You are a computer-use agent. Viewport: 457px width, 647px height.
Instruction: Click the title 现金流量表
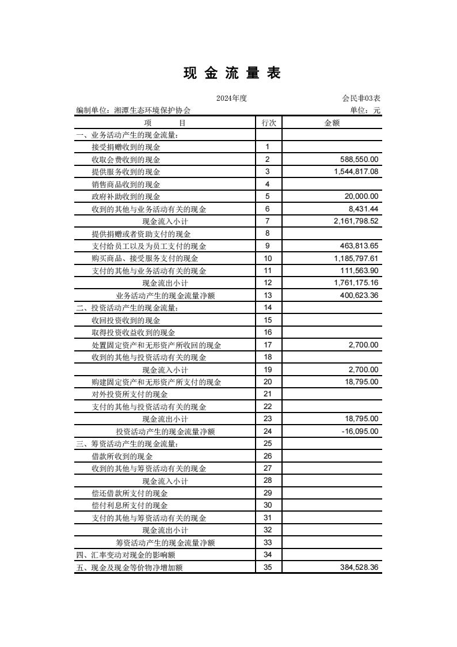click(232, 73)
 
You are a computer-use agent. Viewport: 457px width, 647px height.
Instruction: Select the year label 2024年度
click(231, 99)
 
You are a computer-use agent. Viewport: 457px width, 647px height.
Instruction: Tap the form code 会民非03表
click(361, 99)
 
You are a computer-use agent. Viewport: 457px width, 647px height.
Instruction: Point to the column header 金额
click(332, 123)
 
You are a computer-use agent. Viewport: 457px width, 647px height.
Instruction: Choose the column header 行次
click(268, 123)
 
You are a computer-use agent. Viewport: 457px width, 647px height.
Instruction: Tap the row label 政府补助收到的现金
click(126, 197)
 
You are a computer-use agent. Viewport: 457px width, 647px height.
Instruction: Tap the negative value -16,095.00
click(359, 432)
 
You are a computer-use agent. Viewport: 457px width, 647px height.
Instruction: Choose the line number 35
click(268, 567)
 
